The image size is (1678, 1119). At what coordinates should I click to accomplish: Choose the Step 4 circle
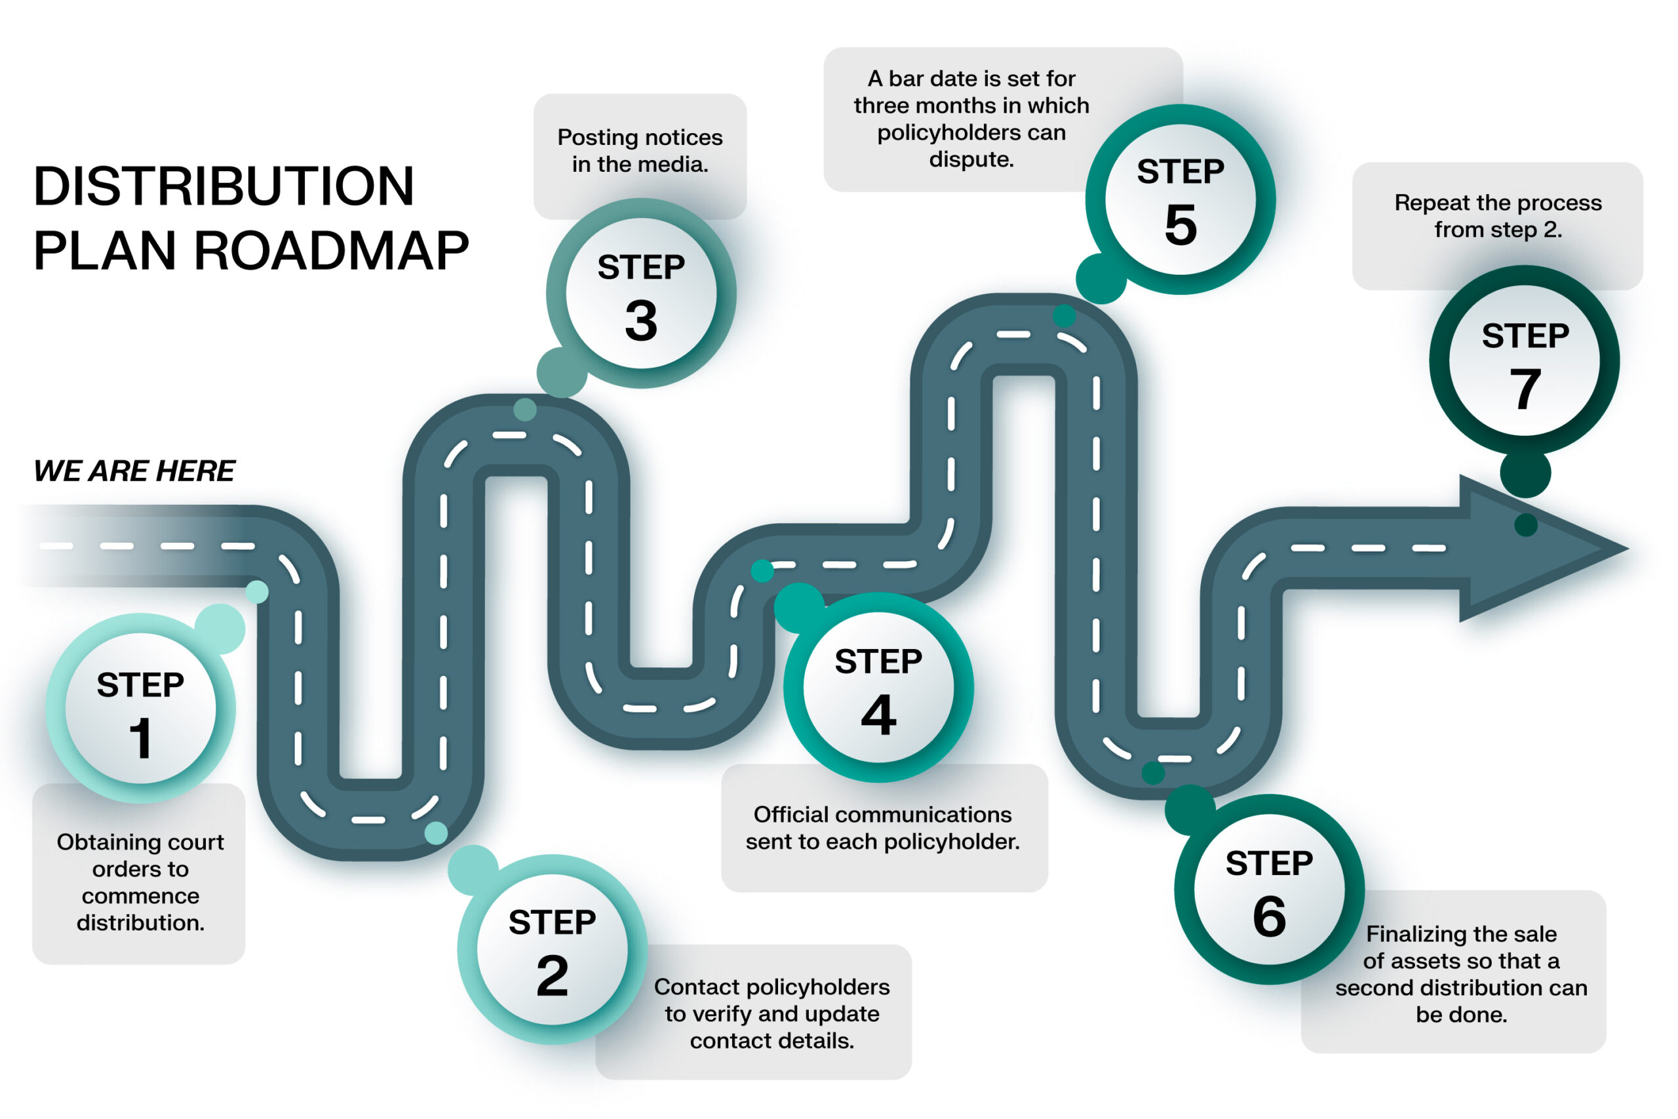pos(878,687)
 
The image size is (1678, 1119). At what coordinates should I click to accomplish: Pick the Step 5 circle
pos(1180,199)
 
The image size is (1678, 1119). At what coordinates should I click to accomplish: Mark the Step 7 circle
pos(1525,361)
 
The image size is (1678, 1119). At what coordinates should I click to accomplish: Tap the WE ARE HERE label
pos(134,471)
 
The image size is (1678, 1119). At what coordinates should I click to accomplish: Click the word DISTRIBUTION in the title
pos(224,187)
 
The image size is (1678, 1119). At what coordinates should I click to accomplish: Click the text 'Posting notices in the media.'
pos(640,151)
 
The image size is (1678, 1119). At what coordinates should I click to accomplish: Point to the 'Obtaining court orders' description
pos(140,882)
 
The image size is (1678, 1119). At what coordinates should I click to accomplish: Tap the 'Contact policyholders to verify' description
pos(772,1013)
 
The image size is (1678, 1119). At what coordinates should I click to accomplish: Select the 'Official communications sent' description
pos(882,828)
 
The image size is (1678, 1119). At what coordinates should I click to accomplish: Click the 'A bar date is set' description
pos(971,119)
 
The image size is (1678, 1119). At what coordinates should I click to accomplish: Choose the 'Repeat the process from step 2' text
pos(1498,216)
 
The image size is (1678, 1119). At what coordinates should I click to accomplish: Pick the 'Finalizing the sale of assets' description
pos(1461,973)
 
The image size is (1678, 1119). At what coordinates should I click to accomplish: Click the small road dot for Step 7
pos(1525,525)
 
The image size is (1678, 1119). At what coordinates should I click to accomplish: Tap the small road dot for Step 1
pos(257,591)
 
